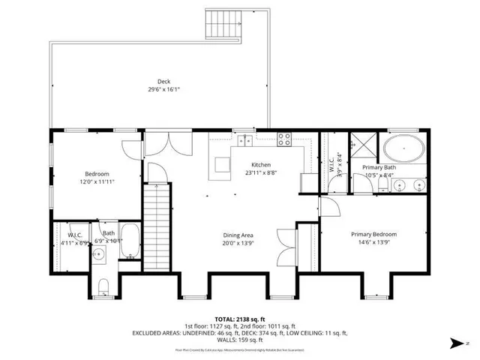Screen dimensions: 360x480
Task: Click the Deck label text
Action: tap(163, 81)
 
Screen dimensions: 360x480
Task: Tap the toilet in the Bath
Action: tap(105, 285)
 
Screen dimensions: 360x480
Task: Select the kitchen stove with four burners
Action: tap(285, 139)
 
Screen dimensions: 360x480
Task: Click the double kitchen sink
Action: tap(244, 140)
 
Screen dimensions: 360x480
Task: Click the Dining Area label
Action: tap(238, 234)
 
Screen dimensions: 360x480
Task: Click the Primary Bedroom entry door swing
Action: tap(331, 207)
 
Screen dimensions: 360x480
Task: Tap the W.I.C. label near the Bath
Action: tap(75, 234)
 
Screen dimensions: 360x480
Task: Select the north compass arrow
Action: tap(458, 343)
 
